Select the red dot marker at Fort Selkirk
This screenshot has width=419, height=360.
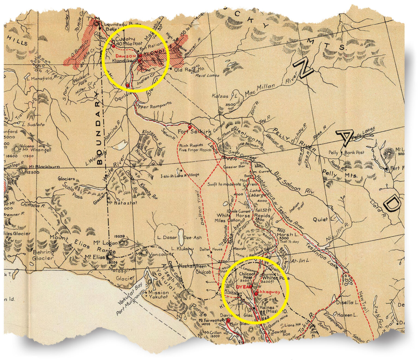(190, 127)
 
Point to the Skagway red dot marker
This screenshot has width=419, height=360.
(256, 294)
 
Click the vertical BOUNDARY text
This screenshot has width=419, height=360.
(99, 128)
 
